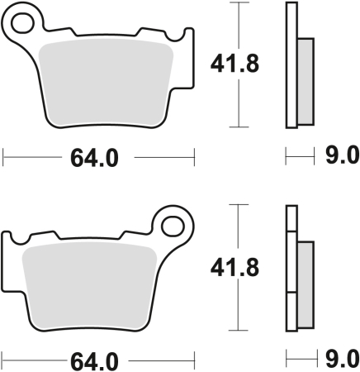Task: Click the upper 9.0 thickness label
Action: click(x=341, y=155)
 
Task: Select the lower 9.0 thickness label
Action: click(x=341, y=359)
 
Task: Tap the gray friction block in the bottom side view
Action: click(x=305, y=284)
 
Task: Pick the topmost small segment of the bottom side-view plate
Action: click(x=291, y=218)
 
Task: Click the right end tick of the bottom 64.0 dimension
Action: click(x=193, y=360)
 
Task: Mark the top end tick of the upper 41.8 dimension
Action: click(x=239, y=3)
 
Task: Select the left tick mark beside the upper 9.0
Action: click(x=286, y=155)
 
